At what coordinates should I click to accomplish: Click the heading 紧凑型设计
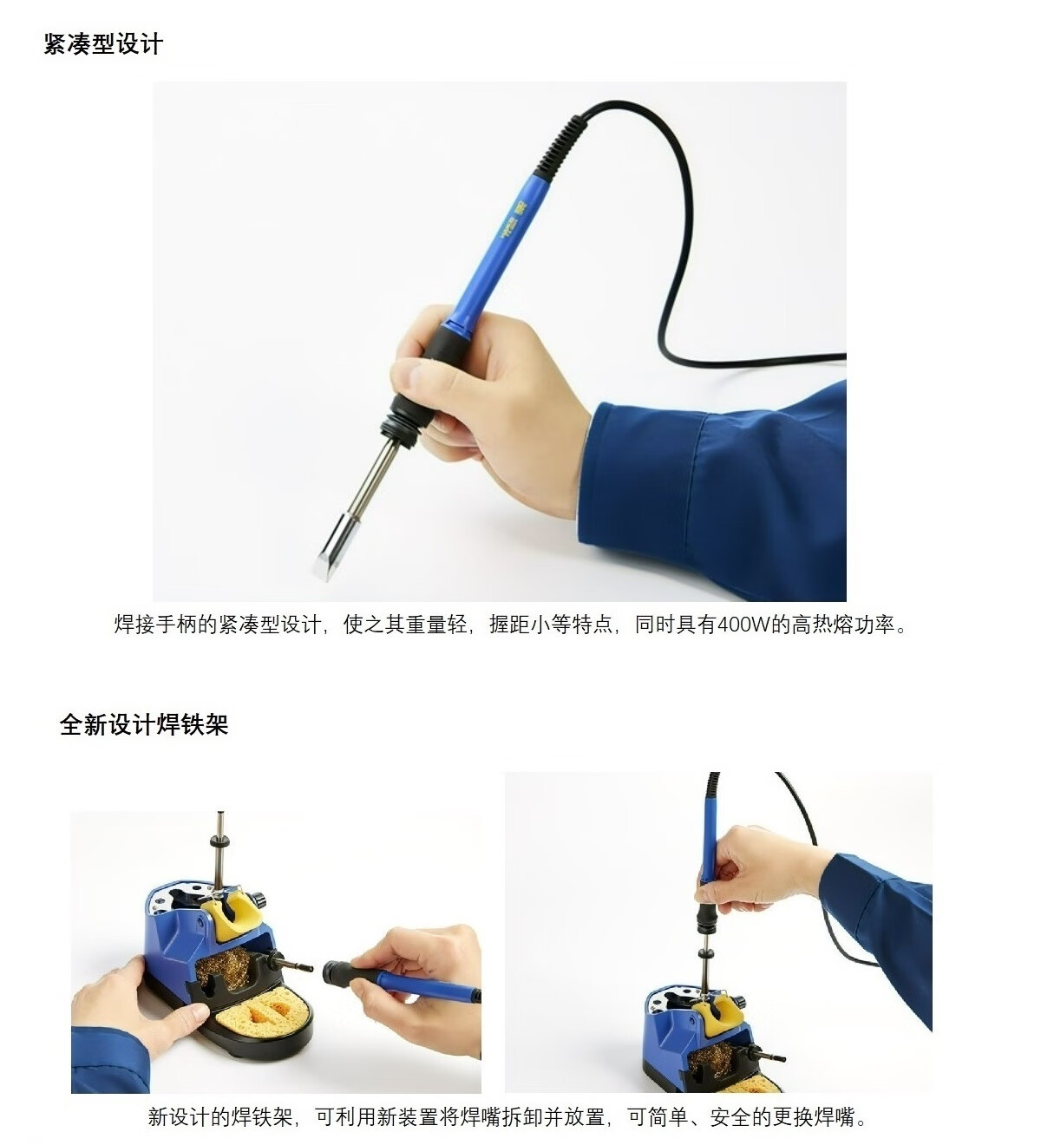pyautogui.click(x=103, y=44)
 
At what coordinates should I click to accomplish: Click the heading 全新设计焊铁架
pyautogui.click(x=144, y=724)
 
